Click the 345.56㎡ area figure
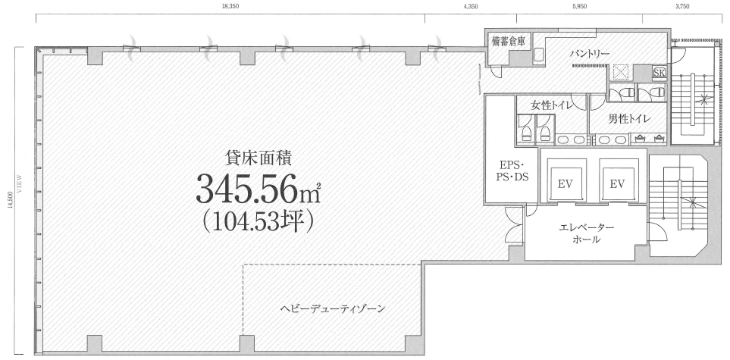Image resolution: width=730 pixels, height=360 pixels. click(258, 189)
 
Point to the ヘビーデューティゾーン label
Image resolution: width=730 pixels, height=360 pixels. click(333, 308)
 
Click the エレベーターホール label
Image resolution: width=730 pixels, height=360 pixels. click(586, 233)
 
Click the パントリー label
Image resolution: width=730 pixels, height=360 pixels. click(590, 54)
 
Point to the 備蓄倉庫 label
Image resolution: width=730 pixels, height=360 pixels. click(508, 41)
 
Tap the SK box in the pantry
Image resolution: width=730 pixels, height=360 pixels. click(660, 73)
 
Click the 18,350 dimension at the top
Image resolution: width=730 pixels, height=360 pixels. click(231, 6)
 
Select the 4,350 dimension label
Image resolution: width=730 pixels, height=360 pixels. click(471, 6)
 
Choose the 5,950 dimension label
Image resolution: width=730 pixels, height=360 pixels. click(579, 6)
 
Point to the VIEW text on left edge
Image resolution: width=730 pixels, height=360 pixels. click(20, 182)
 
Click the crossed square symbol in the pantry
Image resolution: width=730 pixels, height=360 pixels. click(621, 72)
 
